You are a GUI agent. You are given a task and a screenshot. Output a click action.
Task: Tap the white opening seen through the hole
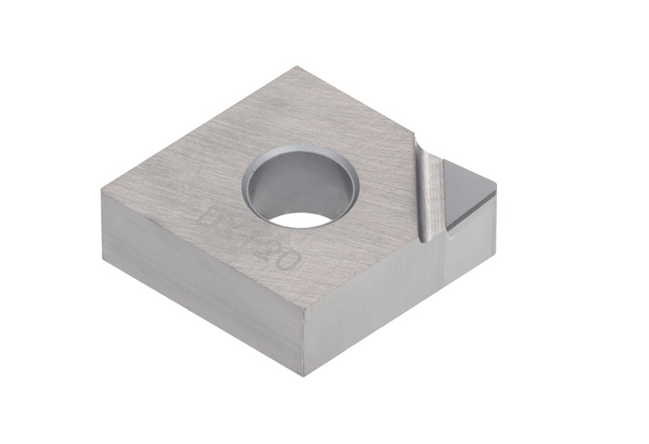(304, 218)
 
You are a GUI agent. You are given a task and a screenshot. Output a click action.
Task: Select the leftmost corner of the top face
(102, 190)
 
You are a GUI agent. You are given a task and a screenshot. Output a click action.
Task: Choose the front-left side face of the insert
(201, 282)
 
